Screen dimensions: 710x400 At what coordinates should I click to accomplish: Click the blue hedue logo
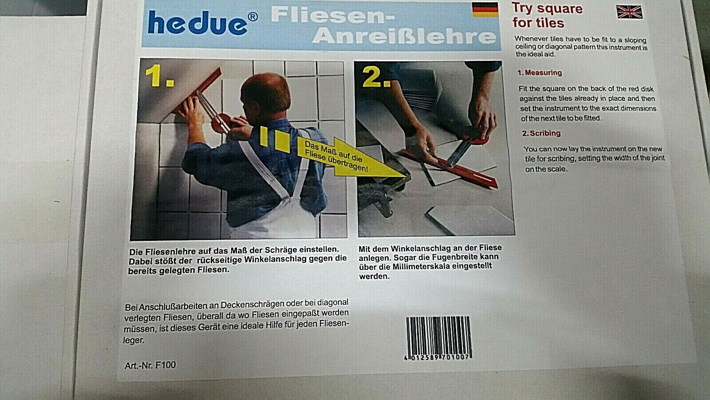click(197, 23)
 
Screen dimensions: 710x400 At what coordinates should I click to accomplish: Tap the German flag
click(485, 9)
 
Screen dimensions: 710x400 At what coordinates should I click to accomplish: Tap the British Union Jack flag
click(630, 12)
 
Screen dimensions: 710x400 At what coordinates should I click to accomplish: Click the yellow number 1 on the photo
click(159, 76)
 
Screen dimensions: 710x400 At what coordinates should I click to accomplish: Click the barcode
click(438, 338)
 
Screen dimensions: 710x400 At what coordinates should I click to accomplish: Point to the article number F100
click(150, 365)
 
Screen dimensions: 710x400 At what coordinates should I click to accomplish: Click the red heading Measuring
click(543, 73)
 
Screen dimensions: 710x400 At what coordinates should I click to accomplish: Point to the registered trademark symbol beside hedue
click(252, 16)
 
